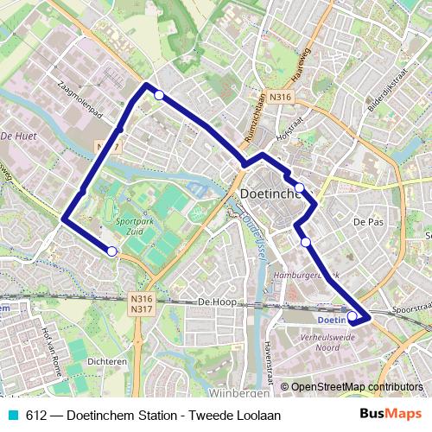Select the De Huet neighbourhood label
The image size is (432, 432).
(x=17, y=136)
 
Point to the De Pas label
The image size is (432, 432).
(x=367, y=221)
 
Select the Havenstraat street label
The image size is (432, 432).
(x=267, y=363)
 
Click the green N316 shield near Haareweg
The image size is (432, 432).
(x=279, y=98)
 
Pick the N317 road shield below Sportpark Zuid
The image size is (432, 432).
(x=139, y=308)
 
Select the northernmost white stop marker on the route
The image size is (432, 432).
(x=159, y=95)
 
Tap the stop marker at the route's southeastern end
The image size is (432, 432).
(x=352, y=316)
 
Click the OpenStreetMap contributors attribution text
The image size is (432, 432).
(x=357, y=386)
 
